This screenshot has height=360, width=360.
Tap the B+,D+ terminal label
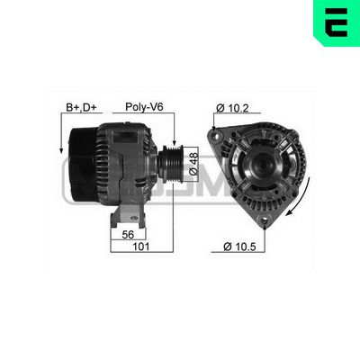coord(82,107)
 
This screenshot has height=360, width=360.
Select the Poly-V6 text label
coord(144,107)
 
